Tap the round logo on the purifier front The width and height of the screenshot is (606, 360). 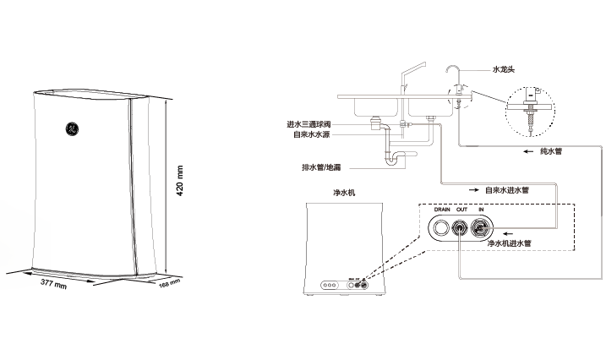(71, 129)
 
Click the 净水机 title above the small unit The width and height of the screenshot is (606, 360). (344, 193)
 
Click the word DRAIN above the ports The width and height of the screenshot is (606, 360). (442, 209)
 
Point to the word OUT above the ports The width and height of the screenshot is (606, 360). (461, 209)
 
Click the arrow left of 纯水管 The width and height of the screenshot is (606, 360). (521, 151)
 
